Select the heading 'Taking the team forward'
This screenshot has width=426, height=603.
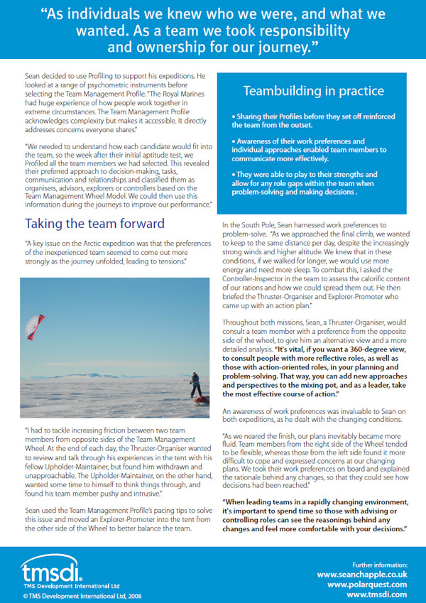(94, 223)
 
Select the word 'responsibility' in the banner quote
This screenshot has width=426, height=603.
(290, 31)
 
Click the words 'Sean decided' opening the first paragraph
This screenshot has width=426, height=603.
(44, 75)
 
